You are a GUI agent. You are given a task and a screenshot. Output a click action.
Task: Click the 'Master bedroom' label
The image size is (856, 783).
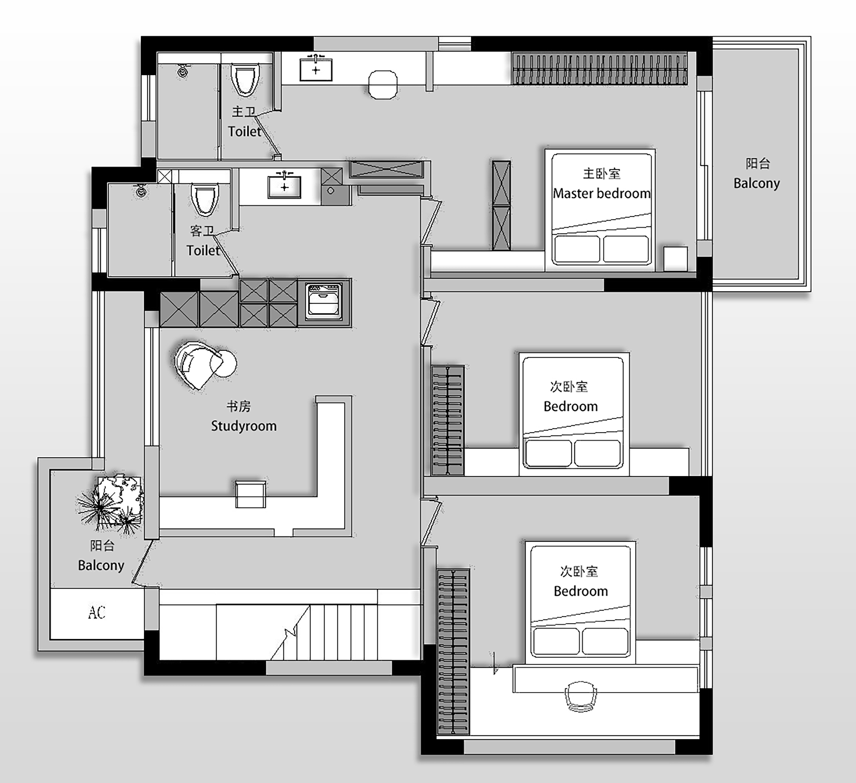point(601,194)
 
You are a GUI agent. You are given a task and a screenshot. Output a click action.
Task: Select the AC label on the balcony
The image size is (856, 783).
point(97,612)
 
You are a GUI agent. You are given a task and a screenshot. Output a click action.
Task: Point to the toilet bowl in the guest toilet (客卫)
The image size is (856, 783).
point(205,199)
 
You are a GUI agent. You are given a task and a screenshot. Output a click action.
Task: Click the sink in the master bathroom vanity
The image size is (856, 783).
point(316,69)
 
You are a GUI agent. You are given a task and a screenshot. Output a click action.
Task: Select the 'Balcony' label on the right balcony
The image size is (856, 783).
point(757,183)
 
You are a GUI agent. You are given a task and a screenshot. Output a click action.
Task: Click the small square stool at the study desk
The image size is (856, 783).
point(251,495)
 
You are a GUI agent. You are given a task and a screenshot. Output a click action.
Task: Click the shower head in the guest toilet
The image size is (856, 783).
point(141,191)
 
